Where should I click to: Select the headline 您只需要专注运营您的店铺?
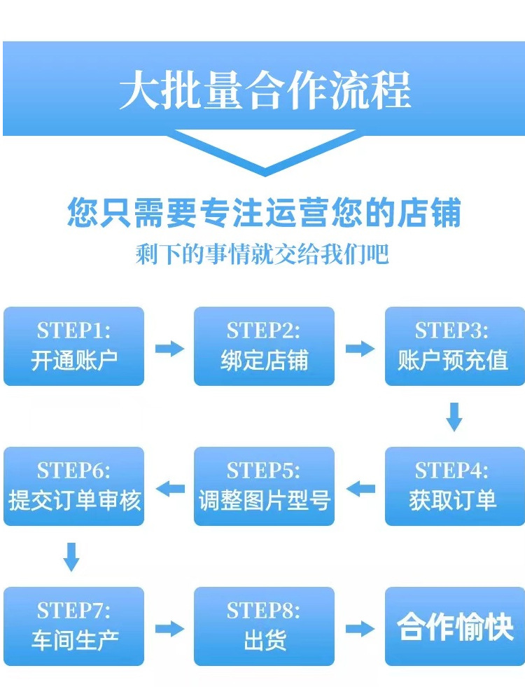coord(264,211)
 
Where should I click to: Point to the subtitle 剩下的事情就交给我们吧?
coord(262,254)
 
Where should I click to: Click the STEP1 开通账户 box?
coord(73,346)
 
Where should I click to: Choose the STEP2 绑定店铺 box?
coord(264,346)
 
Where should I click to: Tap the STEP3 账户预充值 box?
coord(454,346)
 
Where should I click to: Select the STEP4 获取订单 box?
coord(454,486)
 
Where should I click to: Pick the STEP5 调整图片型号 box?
coord(264,486)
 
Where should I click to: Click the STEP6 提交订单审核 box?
coord(73,486)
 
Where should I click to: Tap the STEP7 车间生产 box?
coord(73,626)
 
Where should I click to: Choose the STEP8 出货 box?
coord(264,626)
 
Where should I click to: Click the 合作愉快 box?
coord(454,626)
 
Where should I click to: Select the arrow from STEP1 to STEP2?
coord(169,348)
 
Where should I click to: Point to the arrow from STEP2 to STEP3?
coord(360,348)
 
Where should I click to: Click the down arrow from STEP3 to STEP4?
coord(454,417)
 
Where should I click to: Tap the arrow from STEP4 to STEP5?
coord(360,488)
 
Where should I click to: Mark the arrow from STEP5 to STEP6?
coord(169,488)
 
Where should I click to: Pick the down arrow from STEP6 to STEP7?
coord(71,557)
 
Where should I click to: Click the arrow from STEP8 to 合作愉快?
coord(360,628)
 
